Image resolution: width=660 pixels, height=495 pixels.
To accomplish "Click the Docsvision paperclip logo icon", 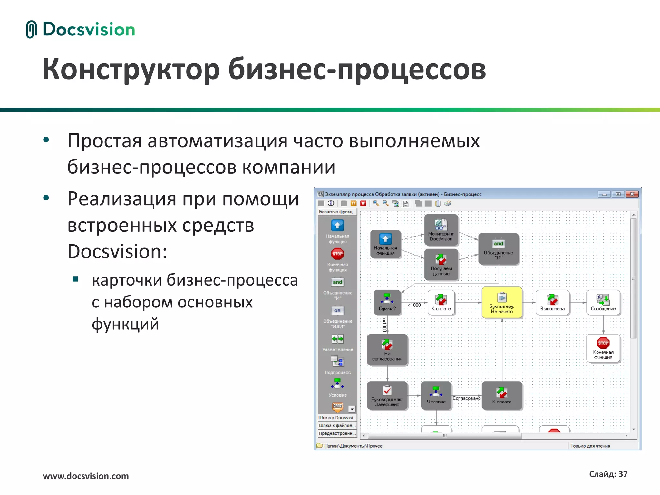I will pos(31,29).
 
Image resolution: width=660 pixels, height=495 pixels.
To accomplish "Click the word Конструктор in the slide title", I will pos(131,69).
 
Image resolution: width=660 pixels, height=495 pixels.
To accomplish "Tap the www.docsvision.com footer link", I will pos(86,476).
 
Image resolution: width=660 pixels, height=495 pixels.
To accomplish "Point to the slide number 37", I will pos(623,474).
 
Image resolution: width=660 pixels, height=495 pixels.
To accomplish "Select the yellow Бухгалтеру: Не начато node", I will pos(502,302).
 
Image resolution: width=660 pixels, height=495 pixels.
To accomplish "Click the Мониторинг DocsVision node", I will pos(441,229).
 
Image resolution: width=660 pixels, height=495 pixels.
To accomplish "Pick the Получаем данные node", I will pos(441,264).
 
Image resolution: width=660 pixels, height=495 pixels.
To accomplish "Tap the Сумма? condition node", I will pos(387,302).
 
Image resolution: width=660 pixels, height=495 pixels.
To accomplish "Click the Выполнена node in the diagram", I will pos(552,302).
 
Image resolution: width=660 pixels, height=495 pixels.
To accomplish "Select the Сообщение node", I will pos(603,302).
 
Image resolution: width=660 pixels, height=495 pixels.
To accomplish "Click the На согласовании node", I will pos(387,350).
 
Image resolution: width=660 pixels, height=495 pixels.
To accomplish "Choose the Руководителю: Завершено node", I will pos(387,395).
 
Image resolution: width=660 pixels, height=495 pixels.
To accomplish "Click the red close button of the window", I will pos(632,194).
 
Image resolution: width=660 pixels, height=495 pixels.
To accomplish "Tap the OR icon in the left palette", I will pos(337,311).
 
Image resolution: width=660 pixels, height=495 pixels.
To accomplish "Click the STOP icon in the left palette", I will pos(337,254).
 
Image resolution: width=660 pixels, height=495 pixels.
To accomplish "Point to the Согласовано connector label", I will pos(466,398).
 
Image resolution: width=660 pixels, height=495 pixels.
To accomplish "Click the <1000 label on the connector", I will pos(415,305).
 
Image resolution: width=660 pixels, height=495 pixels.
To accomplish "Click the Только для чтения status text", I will pos(590,446).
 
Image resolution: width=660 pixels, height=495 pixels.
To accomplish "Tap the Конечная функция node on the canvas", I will pos(603,348).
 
